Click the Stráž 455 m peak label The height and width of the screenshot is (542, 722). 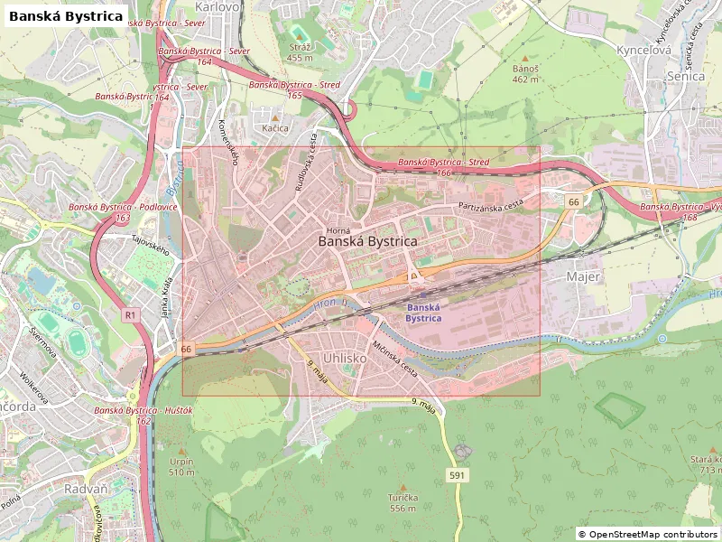pyautogui.click(x=300, y=51)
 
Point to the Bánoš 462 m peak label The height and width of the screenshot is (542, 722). pyautogui.click(x=525, y=73)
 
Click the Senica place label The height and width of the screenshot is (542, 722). pyautogui.click(x=685, y=77)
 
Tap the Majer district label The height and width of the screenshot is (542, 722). pyautogui.click(x=583, y=276)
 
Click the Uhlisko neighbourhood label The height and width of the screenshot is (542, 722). pyautogui.click(x=344, y=358)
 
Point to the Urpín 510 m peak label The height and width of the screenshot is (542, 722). pyautogui.click(x=181, y=466)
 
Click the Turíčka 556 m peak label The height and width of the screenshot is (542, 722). pyautogui.click(x=403, y=502)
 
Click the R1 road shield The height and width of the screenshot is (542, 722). pyautogui.click(x=131, y=314)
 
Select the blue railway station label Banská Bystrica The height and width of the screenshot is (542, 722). pyautogui.click(x=422, y=313)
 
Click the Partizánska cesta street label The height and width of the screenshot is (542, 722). pyautogui.click(x=491, y=207)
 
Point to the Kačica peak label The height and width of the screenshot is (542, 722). pyautogui.click(x=275, y=128)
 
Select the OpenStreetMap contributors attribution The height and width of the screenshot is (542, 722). pyautogui.click(x=647, y=534)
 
